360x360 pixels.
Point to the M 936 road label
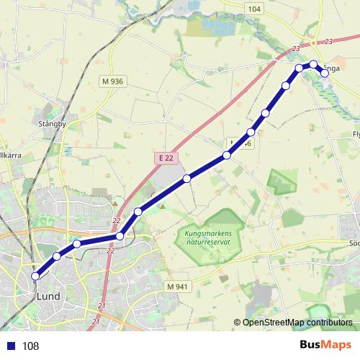(113, 81)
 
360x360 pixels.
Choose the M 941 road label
(176, 287)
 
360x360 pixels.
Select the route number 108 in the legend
(30, 346)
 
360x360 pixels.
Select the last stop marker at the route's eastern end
(325, 72)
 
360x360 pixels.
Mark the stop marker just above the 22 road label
(120, 236)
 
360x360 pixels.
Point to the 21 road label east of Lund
(101, 307)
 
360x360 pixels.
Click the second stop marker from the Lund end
(57, 256)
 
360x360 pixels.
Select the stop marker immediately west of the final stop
(313, 64)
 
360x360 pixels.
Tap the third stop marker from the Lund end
(77, 244)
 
